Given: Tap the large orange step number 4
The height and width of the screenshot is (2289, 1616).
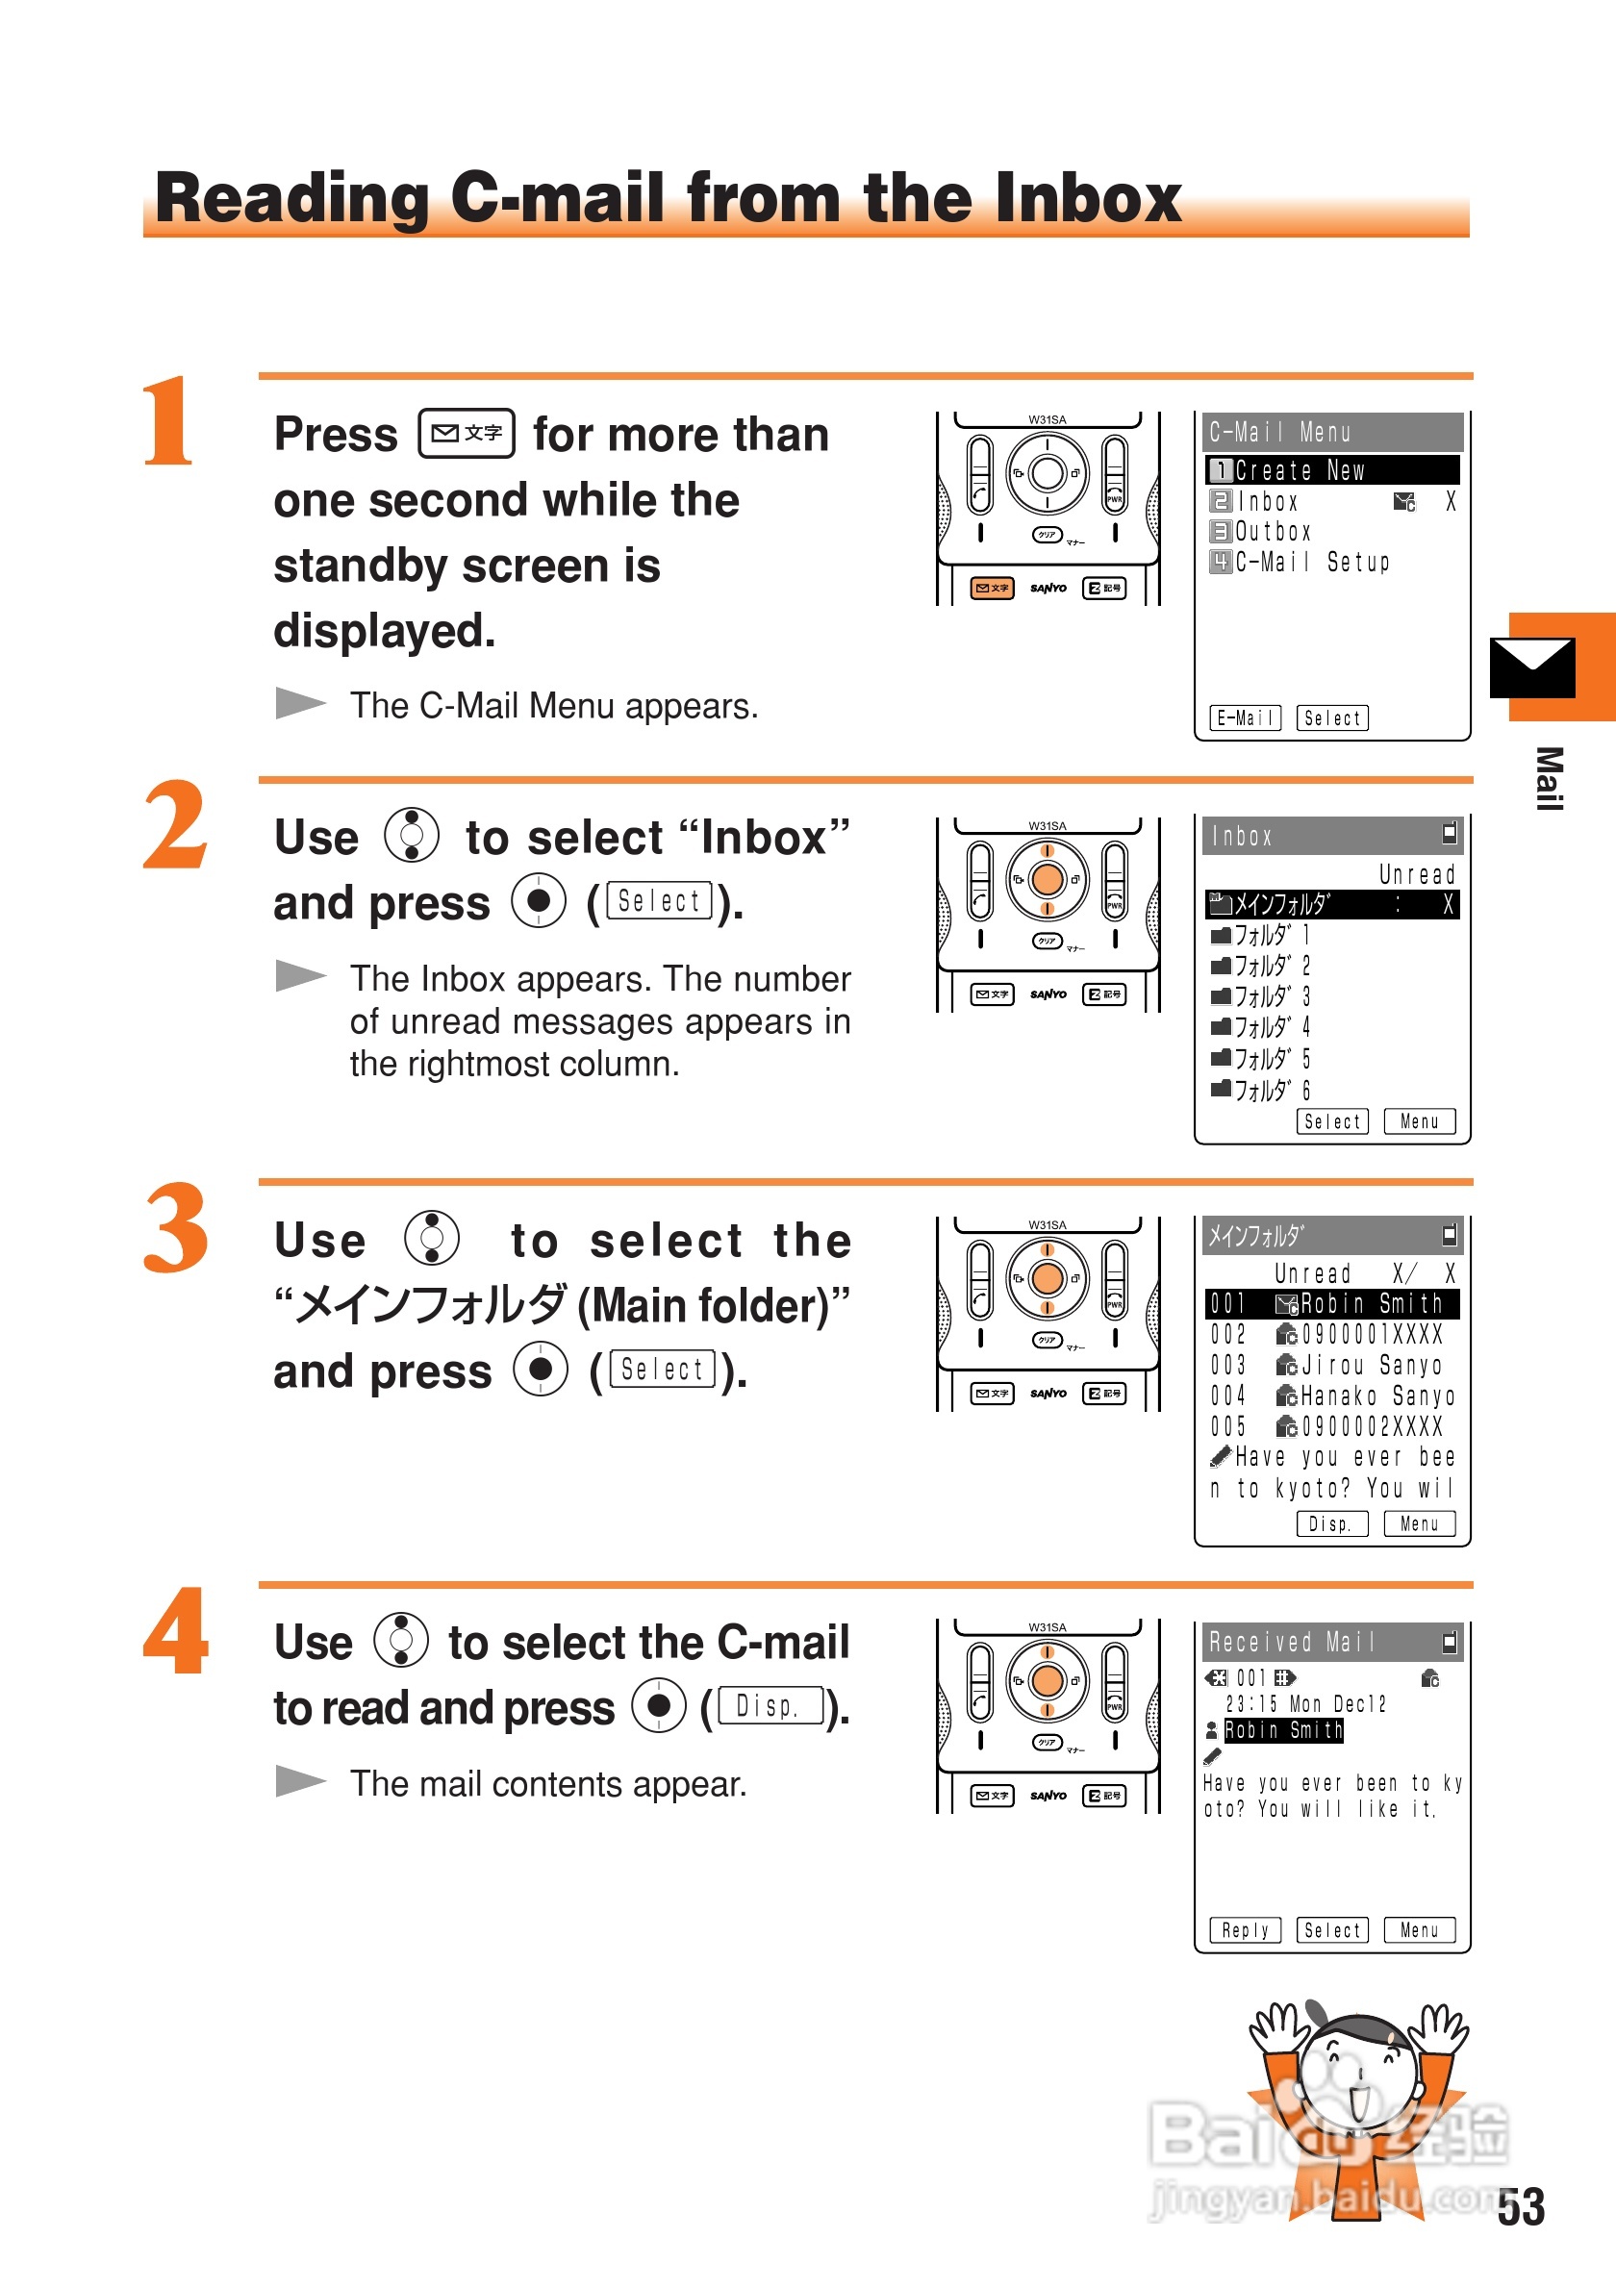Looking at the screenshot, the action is pos(175,1631).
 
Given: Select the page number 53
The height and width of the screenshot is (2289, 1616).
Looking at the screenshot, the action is pos(1521,2207).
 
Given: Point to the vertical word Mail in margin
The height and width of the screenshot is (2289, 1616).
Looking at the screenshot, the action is pos(1549,779).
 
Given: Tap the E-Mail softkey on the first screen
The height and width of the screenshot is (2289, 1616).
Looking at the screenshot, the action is pos(1245,717).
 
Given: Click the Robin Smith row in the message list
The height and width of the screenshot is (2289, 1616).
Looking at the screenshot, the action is pos(1332,1304).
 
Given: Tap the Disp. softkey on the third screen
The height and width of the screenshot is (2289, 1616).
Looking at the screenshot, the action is pos(1332,1523).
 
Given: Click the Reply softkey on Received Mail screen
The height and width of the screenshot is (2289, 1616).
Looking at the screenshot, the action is pos(1245,1930).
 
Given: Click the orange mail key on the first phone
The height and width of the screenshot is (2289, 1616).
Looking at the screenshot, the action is pos(992,589).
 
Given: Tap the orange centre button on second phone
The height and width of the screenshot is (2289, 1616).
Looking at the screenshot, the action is pos(1047,879).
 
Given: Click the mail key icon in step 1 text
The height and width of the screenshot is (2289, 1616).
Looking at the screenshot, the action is pos(467,434).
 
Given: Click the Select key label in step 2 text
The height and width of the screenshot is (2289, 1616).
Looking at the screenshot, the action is pos(660,901).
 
